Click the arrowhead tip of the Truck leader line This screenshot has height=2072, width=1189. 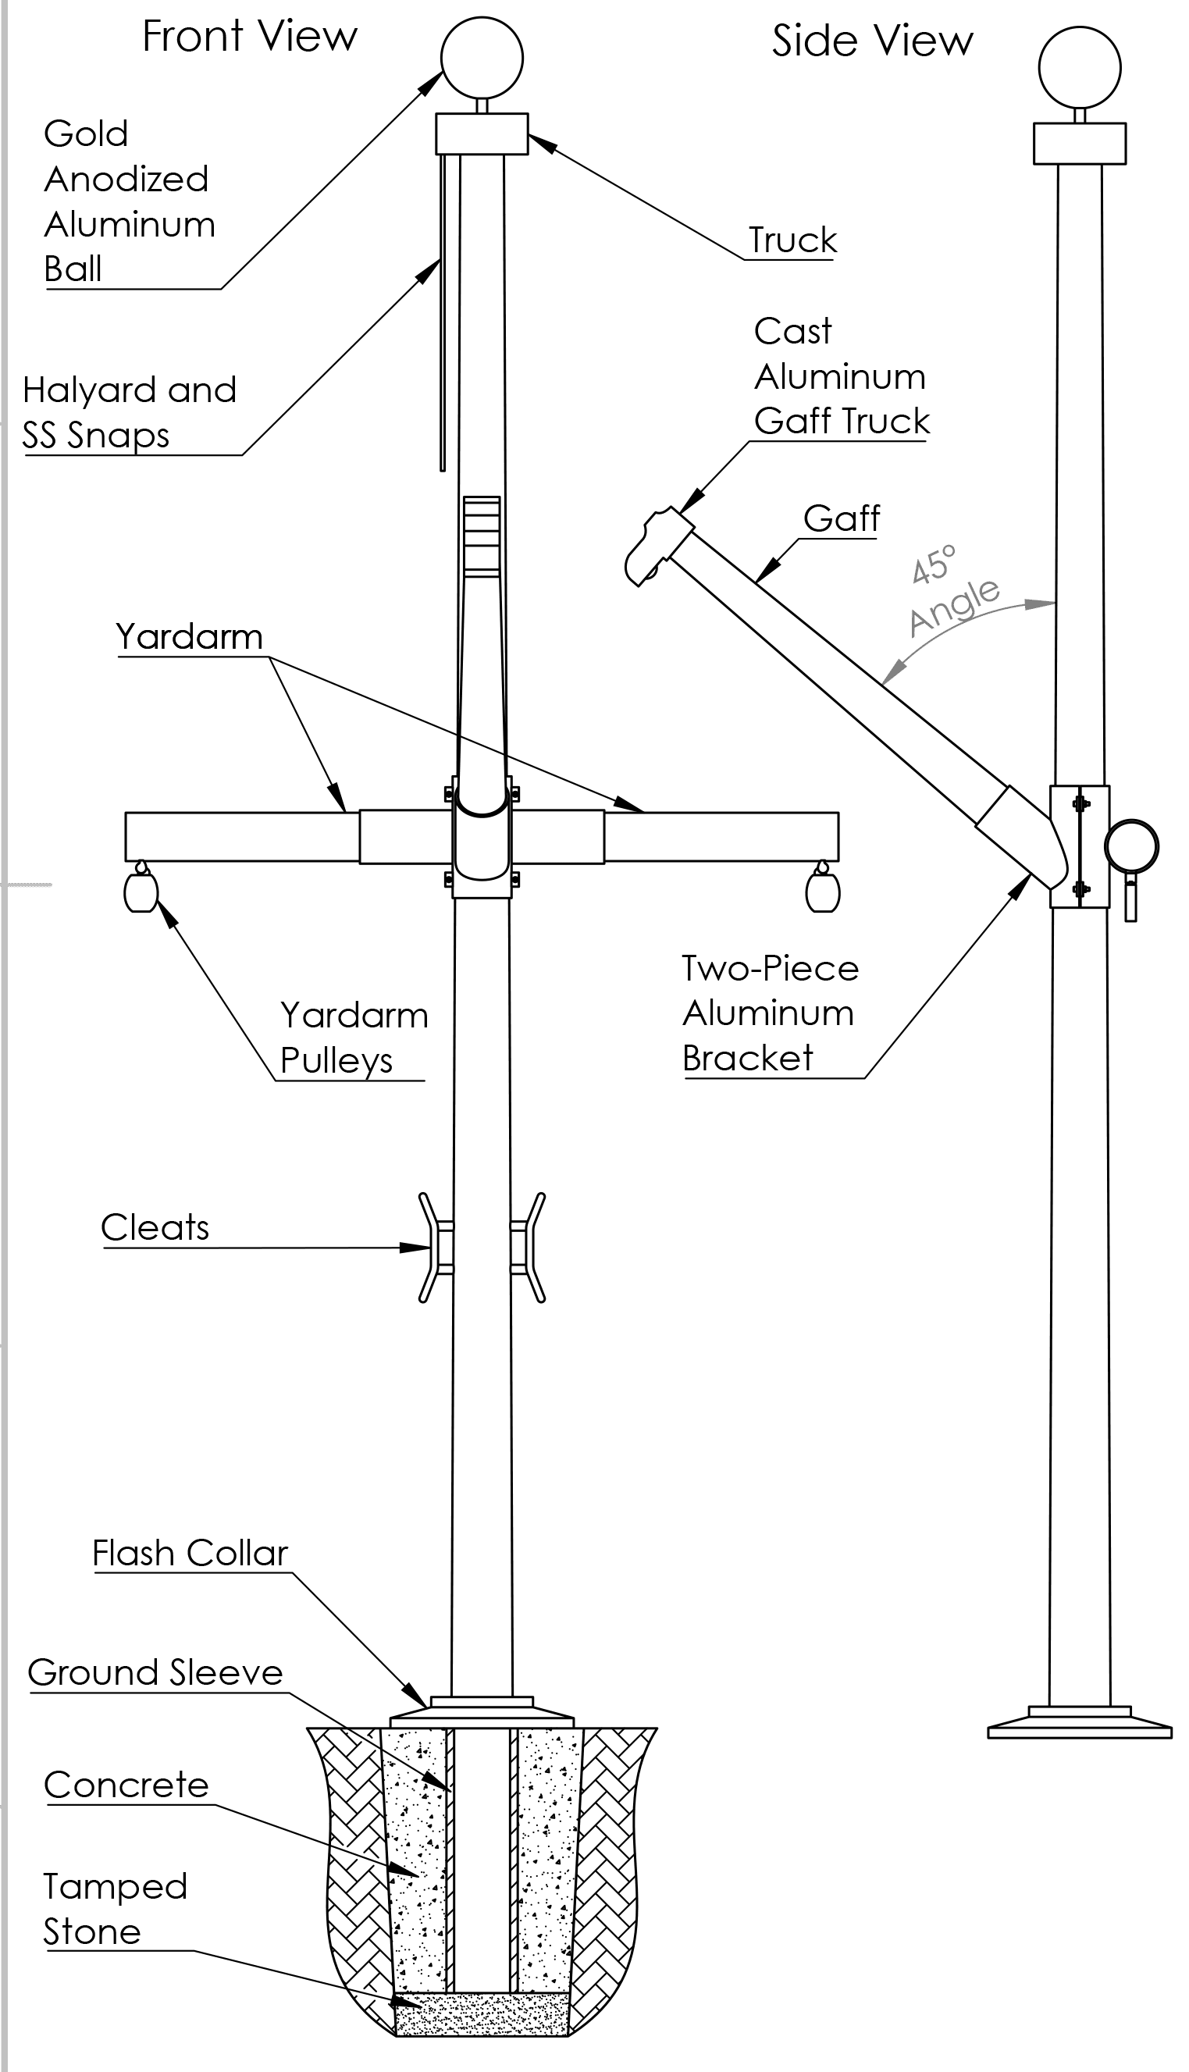(x=529, y=136)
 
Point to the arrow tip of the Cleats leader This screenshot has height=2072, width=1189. (x=430, y=1248)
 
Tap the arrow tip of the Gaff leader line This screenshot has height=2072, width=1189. (x=756, y=583)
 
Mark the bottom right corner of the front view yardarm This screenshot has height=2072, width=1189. (x=838, y=860)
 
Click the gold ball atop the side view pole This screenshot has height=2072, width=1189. (x=1080, y=68)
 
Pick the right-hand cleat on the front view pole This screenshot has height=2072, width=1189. (x=529, y=1248)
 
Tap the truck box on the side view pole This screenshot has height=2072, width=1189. (x=1080, y=144)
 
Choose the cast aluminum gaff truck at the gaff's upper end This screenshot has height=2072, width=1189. (x=658, y=546)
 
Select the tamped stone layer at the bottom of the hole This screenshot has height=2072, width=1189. (x=482, y=2012)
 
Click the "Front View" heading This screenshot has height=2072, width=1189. (x=250, y=37)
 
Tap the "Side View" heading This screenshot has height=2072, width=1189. (x=873, y=41)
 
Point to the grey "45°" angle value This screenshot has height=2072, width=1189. (x=934, y=565)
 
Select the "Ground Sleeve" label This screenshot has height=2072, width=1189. (x=155, y=1673)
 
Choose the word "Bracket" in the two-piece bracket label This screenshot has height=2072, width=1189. (x=748, y=1059)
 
